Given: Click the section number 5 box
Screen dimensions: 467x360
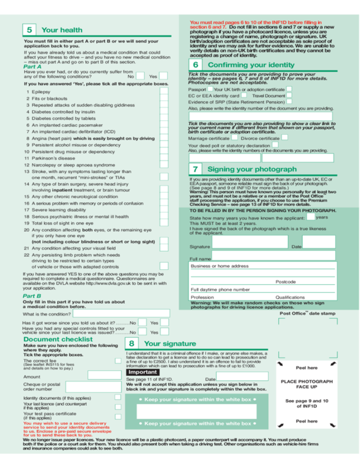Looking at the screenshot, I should click(29, 30).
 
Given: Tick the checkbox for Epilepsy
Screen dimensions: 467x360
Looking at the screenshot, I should click(164, 91).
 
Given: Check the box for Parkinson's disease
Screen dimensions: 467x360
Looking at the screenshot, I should click(164, 158).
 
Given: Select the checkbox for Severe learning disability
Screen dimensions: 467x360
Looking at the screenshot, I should click(164, 209).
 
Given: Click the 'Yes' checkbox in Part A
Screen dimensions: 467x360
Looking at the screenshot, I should click(164, 76).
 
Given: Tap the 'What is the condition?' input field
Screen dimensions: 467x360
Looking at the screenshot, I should click(121, 314).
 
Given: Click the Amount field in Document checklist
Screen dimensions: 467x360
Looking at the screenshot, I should click(104, 375).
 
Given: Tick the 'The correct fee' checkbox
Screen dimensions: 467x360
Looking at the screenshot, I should click(118, 361).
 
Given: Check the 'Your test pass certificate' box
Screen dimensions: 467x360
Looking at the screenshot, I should click(118, 416).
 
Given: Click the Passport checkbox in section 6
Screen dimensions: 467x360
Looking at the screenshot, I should click(210, 89).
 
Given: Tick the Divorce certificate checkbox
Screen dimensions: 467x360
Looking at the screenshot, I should click(284, 137).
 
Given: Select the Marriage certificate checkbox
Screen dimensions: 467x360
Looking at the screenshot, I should click(234, 137).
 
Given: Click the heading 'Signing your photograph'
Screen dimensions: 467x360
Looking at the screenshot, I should click(252, 169).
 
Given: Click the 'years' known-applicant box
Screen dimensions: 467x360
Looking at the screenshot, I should click(310, 217).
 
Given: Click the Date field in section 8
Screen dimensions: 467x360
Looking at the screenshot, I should click(242, 377).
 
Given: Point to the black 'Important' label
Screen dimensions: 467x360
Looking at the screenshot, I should click(142, 372).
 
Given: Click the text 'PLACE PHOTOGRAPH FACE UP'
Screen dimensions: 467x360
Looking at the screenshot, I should click(307, 384).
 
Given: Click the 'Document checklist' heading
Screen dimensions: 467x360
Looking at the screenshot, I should click(58, 339).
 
